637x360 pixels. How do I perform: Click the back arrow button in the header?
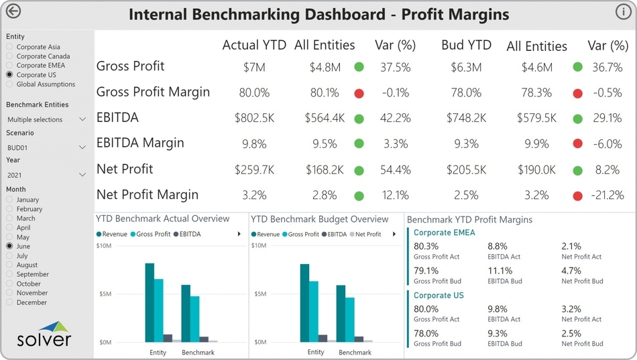[x=13, y=11]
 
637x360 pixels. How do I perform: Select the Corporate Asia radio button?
[x=9, y=47]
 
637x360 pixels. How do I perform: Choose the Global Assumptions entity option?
[x=9, y=84]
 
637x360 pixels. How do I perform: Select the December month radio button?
[x=9, y=302]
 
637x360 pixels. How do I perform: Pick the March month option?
[x=9, y=219]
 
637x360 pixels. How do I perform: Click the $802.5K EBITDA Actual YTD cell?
[x=254, y=118]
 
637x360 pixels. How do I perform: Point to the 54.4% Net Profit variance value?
[x=395, y=170]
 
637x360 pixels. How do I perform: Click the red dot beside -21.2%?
[x=577, y=196]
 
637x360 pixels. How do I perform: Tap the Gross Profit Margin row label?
[x=153, y=92]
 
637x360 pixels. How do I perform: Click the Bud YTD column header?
[x=466, y=46]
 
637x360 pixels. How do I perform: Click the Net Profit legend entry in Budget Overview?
[x=367, y=234]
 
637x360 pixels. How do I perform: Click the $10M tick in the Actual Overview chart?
[x=104, y=246]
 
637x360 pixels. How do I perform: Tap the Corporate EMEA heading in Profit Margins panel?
[x=444, y=233]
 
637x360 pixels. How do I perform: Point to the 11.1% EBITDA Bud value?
[x=500, y=271]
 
